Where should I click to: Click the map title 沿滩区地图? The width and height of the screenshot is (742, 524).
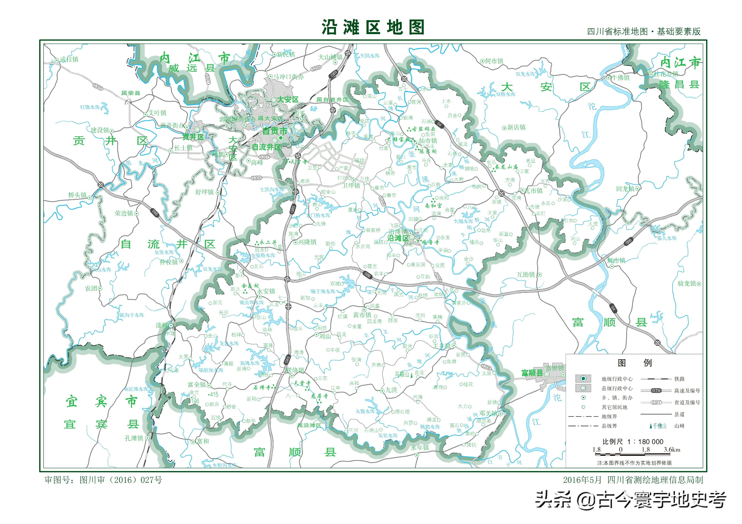click(373, 27)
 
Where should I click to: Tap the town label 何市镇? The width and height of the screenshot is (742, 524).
click(494, 61)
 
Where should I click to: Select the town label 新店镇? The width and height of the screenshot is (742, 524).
click(516, 127)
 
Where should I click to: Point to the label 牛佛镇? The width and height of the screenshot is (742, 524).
click(620, 78)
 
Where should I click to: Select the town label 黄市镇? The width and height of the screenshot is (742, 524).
click(362, 315)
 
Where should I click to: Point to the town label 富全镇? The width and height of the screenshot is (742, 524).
click(197, 384)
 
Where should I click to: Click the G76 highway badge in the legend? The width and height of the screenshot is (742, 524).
click(656, 391)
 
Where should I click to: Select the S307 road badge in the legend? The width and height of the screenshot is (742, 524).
click(656, 402)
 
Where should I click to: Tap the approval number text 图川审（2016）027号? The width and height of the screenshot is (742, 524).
click(121, 480)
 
